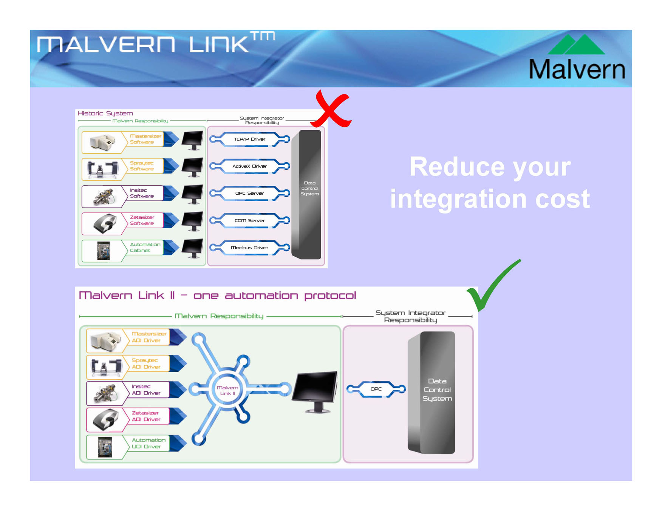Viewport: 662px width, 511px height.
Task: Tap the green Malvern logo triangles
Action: [576, 45]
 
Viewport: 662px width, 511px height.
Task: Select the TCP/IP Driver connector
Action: [250, 139]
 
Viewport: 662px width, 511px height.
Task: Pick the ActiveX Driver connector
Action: [250, 166]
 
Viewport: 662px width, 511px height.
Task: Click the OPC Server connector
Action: [250, 194]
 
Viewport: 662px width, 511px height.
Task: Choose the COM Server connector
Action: [250, 221]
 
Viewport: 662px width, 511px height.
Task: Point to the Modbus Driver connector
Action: [250, 248]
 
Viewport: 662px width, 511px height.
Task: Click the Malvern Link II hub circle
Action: [227, 391]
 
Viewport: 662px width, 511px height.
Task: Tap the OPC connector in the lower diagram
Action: [376, 389]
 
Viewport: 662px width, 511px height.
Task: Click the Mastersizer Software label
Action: [145, 139]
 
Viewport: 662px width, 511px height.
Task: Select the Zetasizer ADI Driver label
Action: [146, 416]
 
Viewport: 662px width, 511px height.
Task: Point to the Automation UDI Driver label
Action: [148, 443]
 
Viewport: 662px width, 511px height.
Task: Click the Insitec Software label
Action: [142, 193]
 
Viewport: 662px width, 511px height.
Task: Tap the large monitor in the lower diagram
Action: [316, 391]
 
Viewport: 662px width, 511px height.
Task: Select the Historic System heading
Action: [105, 114]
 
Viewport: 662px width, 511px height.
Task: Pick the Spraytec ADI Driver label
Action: [146, 364]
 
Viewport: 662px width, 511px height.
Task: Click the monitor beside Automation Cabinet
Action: [193, 248]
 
